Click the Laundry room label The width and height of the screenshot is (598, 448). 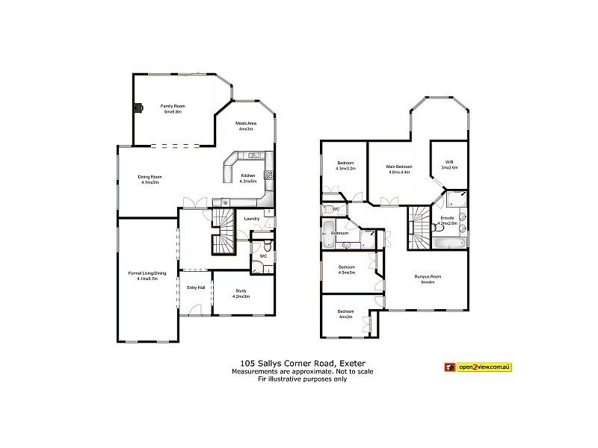(x=252, y=218)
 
